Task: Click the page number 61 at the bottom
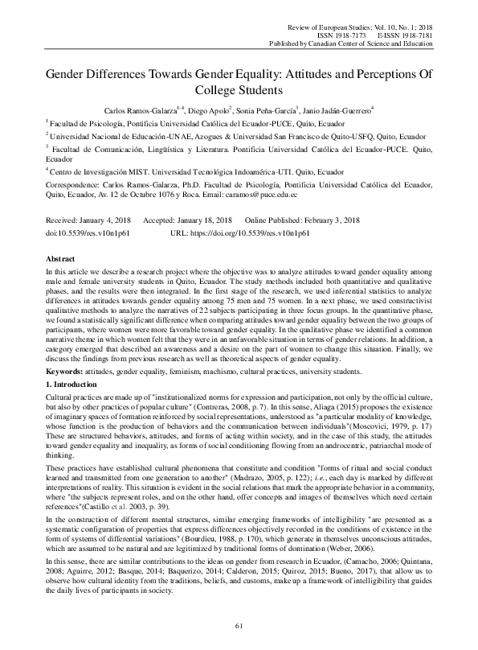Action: (x=239, y=626)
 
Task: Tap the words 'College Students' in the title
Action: (x=239, y=91)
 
